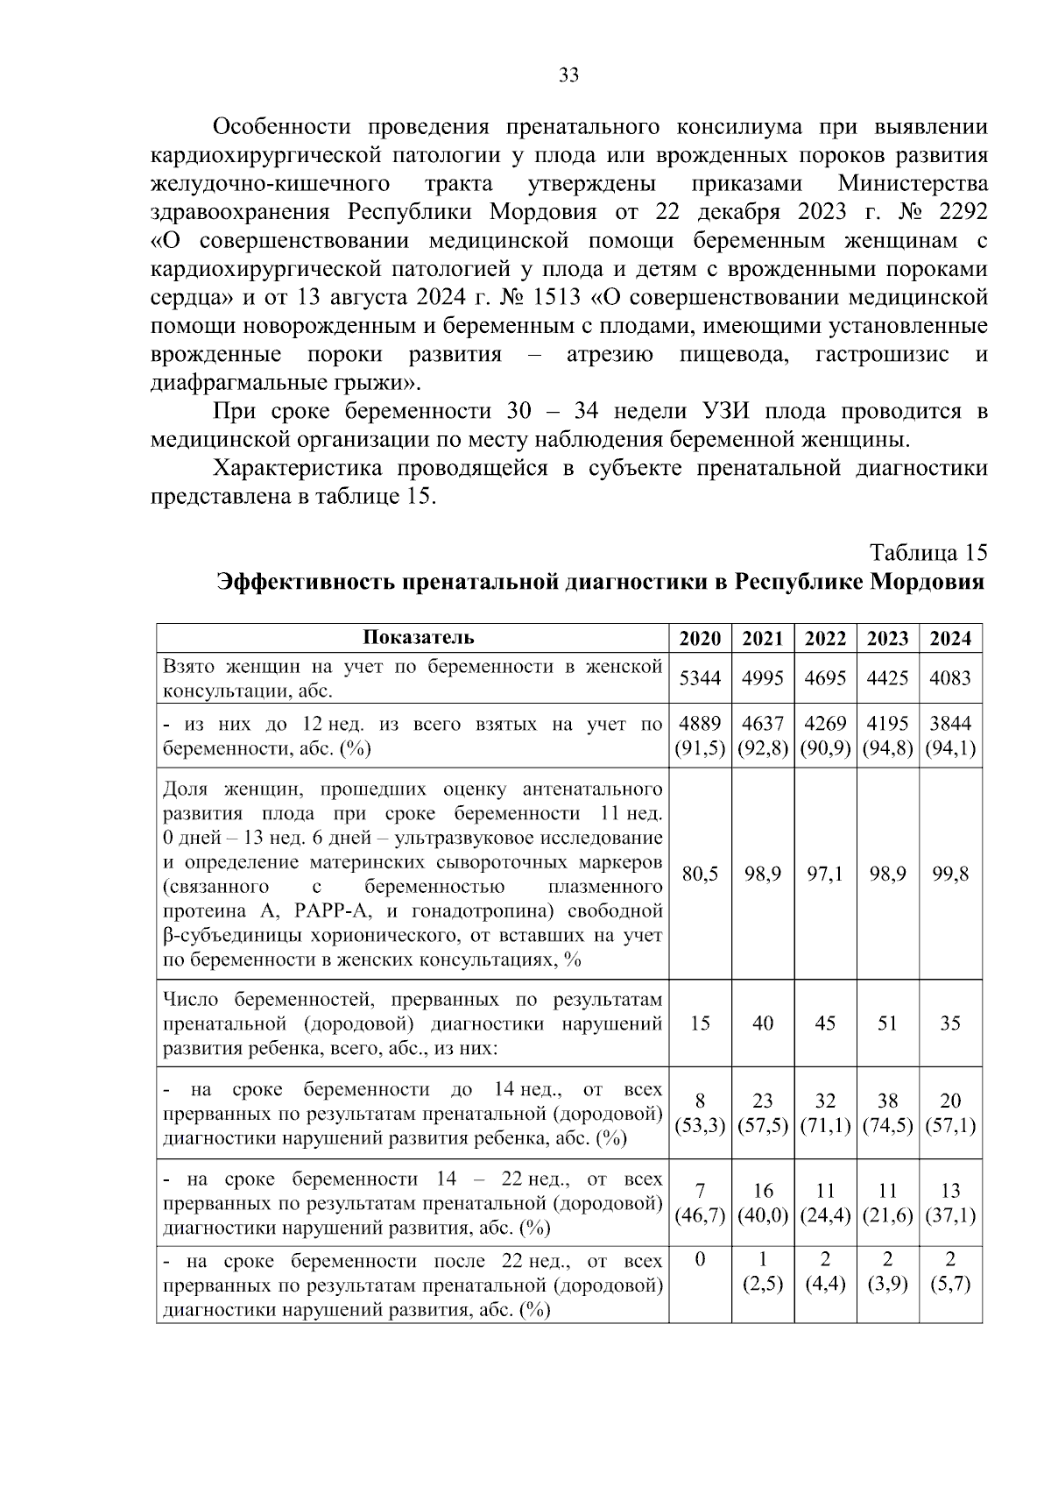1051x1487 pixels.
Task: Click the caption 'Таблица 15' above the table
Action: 928,553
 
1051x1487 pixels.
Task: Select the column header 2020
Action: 700,638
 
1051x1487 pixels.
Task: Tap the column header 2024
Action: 950,638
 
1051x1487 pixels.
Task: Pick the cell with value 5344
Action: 700,677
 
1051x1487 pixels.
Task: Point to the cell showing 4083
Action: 950,677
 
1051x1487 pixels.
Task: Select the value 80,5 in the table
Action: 700,874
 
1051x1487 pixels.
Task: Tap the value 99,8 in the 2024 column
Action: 950,874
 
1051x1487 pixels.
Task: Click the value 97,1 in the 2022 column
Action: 825,874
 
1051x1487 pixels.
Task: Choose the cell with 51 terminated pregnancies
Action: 887,1023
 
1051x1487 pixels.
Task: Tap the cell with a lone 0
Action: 700,1260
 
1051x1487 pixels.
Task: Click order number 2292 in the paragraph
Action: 960,213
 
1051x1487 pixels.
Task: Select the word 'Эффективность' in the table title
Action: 307,582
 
